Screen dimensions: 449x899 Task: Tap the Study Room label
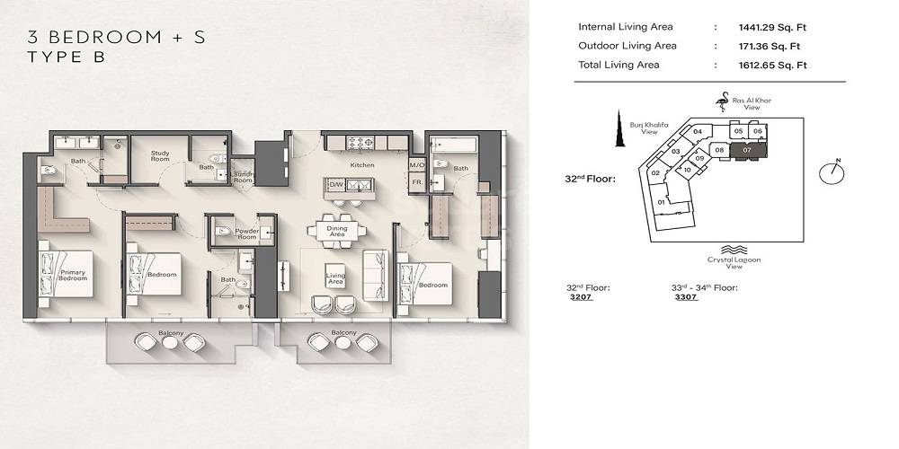[160, 156]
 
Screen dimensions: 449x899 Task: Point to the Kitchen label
[362, 165]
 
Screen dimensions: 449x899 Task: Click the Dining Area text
[337, 232]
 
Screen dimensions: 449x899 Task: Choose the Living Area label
[335, 278]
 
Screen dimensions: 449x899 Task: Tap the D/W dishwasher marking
[337, 185]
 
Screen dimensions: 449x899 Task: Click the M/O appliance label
[416, 165]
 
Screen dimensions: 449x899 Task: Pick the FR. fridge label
[416, 182]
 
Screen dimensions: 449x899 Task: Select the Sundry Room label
[243, 176]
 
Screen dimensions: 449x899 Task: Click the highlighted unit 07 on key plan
[746, 150]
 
